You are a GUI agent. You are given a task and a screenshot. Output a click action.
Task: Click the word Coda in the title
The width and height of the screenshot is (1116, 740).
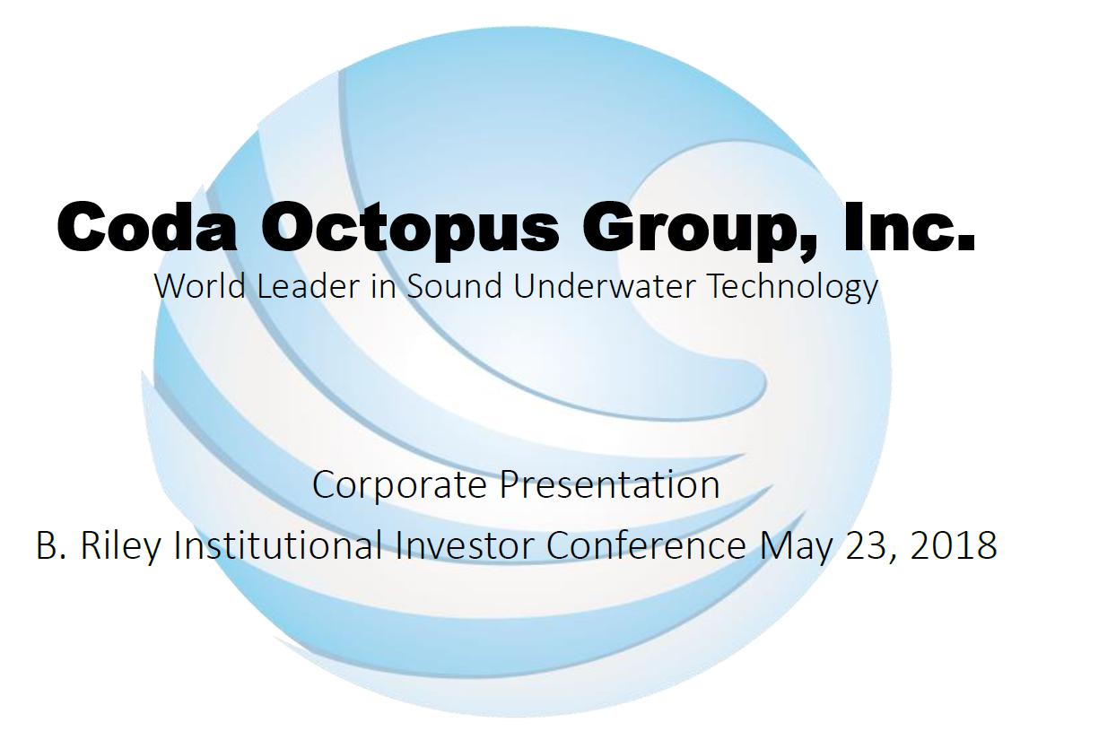(146, 227)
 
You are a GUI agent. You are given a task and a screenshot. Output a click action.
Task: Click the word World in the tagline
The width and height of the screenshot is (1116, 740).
(200, 286)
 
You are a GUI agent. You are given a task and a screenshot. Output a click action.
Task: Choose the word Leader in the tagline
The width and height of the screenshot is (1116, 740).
(308, 286)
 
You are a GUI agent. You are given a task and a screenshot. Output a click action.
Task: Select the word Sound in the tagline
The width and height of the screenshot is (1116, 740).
(454, 286)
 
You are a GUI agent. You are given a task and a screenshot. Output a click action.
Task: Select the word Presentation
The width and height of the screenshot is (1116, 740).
(609, 484)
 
